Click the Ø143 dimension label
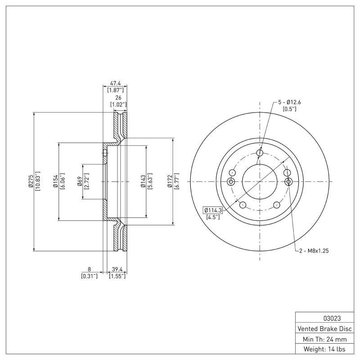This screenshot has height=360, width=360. coord(142,181)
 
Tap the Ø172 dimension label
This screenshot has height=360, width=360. coord(170,181)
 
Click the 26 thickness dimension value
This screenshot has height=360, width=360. coord(118,98)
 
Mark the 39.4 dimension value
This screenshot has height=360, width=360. coord(117,269)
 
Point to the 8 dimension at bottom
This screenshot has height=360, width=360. coord(90,269)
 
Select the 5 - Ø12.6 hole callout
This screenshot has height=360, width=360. coord(289,102)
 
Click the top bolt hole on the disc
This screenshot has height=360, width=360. coord(260,153)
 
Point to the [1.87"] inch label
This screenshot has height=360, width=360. coord(116,90)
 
